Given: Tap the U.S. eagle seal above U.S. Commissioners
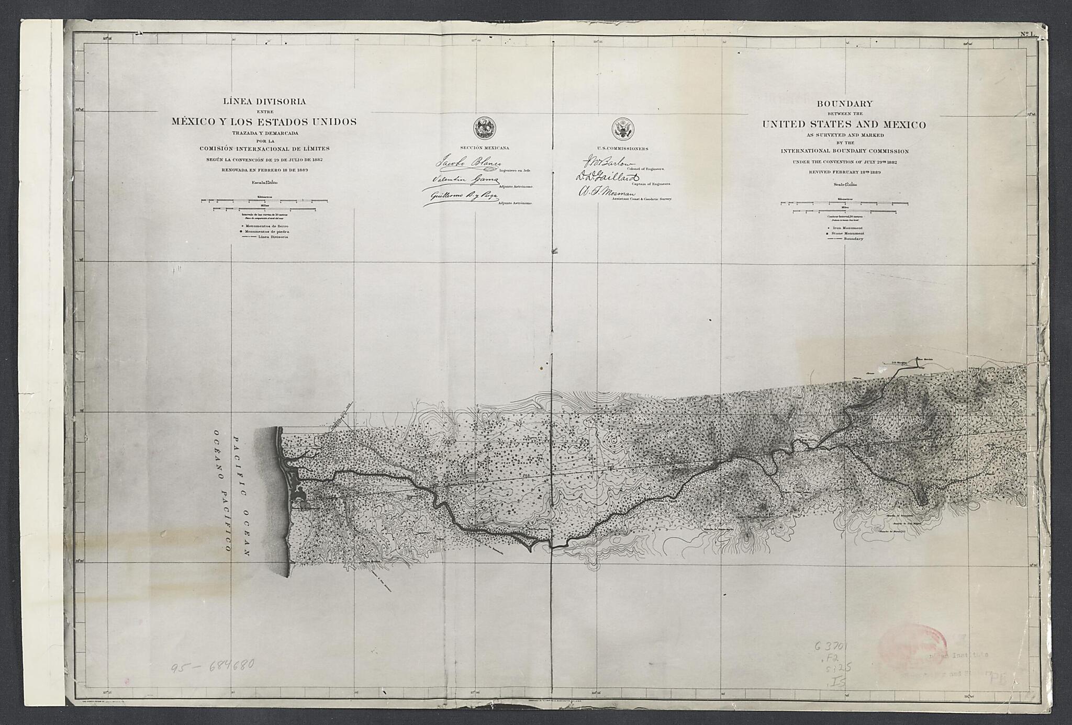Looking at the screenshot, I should tap(623, 129).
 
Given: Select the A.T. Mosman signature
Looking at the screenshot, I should tap(606, 193).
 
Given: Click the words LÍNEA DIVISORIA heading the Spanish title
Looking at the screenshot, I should tap(264, 101).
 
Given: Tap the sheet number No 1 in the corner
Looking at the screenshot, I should tap(1028, 35).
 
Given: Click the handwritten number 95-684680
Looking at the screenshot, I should tap(213, 666).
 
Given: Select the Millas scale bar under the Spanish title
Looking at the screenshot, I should tap(264, 209).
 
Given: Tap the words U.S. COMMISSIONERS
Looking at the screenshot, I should tap(623, 149).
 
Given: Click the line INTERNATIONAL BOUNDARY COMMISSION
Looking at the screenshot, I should tap(844, 151).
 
